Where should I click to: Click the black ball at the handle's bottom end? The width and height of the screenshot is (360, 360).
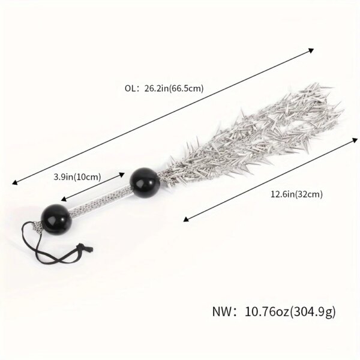coord(56,219)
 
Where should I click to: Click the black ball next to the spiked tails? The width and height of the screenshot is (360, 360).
coord(145,182)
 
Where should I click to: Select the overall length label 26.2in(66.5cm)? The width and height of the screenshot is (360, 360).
coord(174,88)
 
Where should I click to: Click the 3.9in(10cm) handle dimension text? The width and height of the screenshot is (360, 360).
coord(77,177)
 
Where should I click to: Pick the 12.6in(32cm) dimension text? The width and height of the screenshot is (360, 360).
coord(296,194)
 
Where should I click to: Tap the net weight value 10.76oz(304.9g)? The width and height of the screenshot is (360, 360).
coord(290,312)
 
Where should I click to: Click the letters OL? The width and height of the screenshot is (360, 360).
coord(130,88)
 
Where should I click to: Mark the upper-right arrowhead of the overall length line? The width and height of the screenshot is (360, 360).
coord(311,50)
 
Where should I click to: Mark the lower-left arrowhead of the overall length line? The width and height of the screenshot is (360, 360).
coord(14,182)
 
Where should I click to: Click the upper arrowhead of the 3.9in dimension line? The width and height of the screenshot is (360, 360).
coord(122,175)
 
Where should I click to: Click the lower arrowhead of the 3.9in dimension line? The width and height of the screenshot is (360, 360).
coord(64,199)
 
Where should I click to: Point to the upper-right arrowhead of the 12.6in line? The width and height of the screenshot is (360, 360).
coord(355,140)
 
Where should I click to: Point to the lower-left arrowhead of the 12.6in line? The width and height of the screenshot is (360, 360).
coord(186,220)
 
